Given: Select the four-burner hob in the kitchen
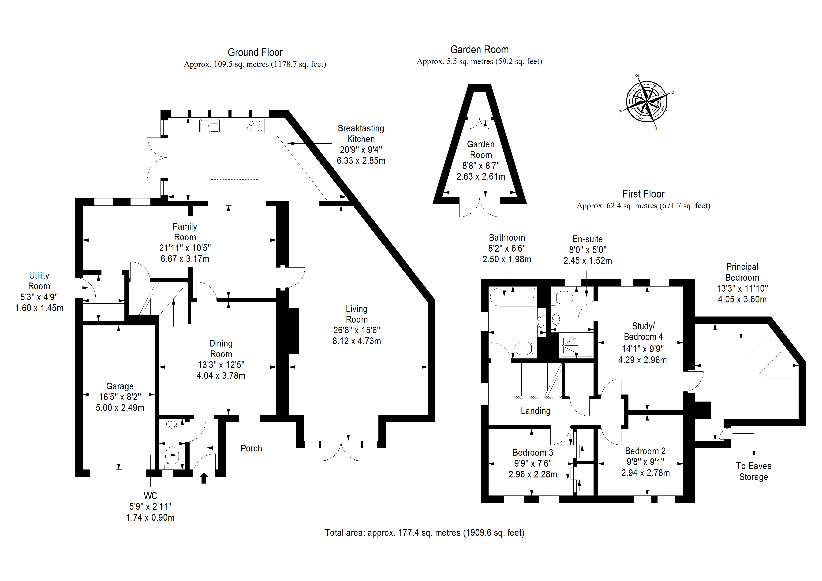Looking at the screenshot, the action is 254,126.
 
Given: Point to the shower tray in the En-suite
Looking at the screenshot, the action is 576,346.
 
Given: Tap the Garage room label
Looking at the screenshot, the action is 120,386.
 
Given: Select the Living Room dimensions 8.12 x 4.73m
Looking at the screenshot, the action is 357,341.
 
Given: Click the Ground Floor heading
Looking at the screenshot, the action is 255,53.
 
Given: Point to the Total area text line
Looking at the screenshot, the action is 425,533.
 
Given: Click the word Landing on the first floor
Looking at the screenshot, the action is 535,411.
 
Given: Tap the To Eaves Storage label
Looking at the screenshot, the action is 754,471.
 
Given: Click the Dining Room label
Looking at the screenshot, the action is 221,349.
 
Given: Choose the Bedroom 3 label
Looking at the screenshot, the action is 533,452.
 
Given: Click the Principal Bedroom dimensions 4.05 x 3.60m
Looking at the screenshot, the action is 742,299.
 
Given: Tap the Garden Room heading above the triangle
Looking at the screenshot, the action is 479,50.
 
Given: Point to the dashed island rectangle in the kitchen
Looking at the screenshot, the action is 235,169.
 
